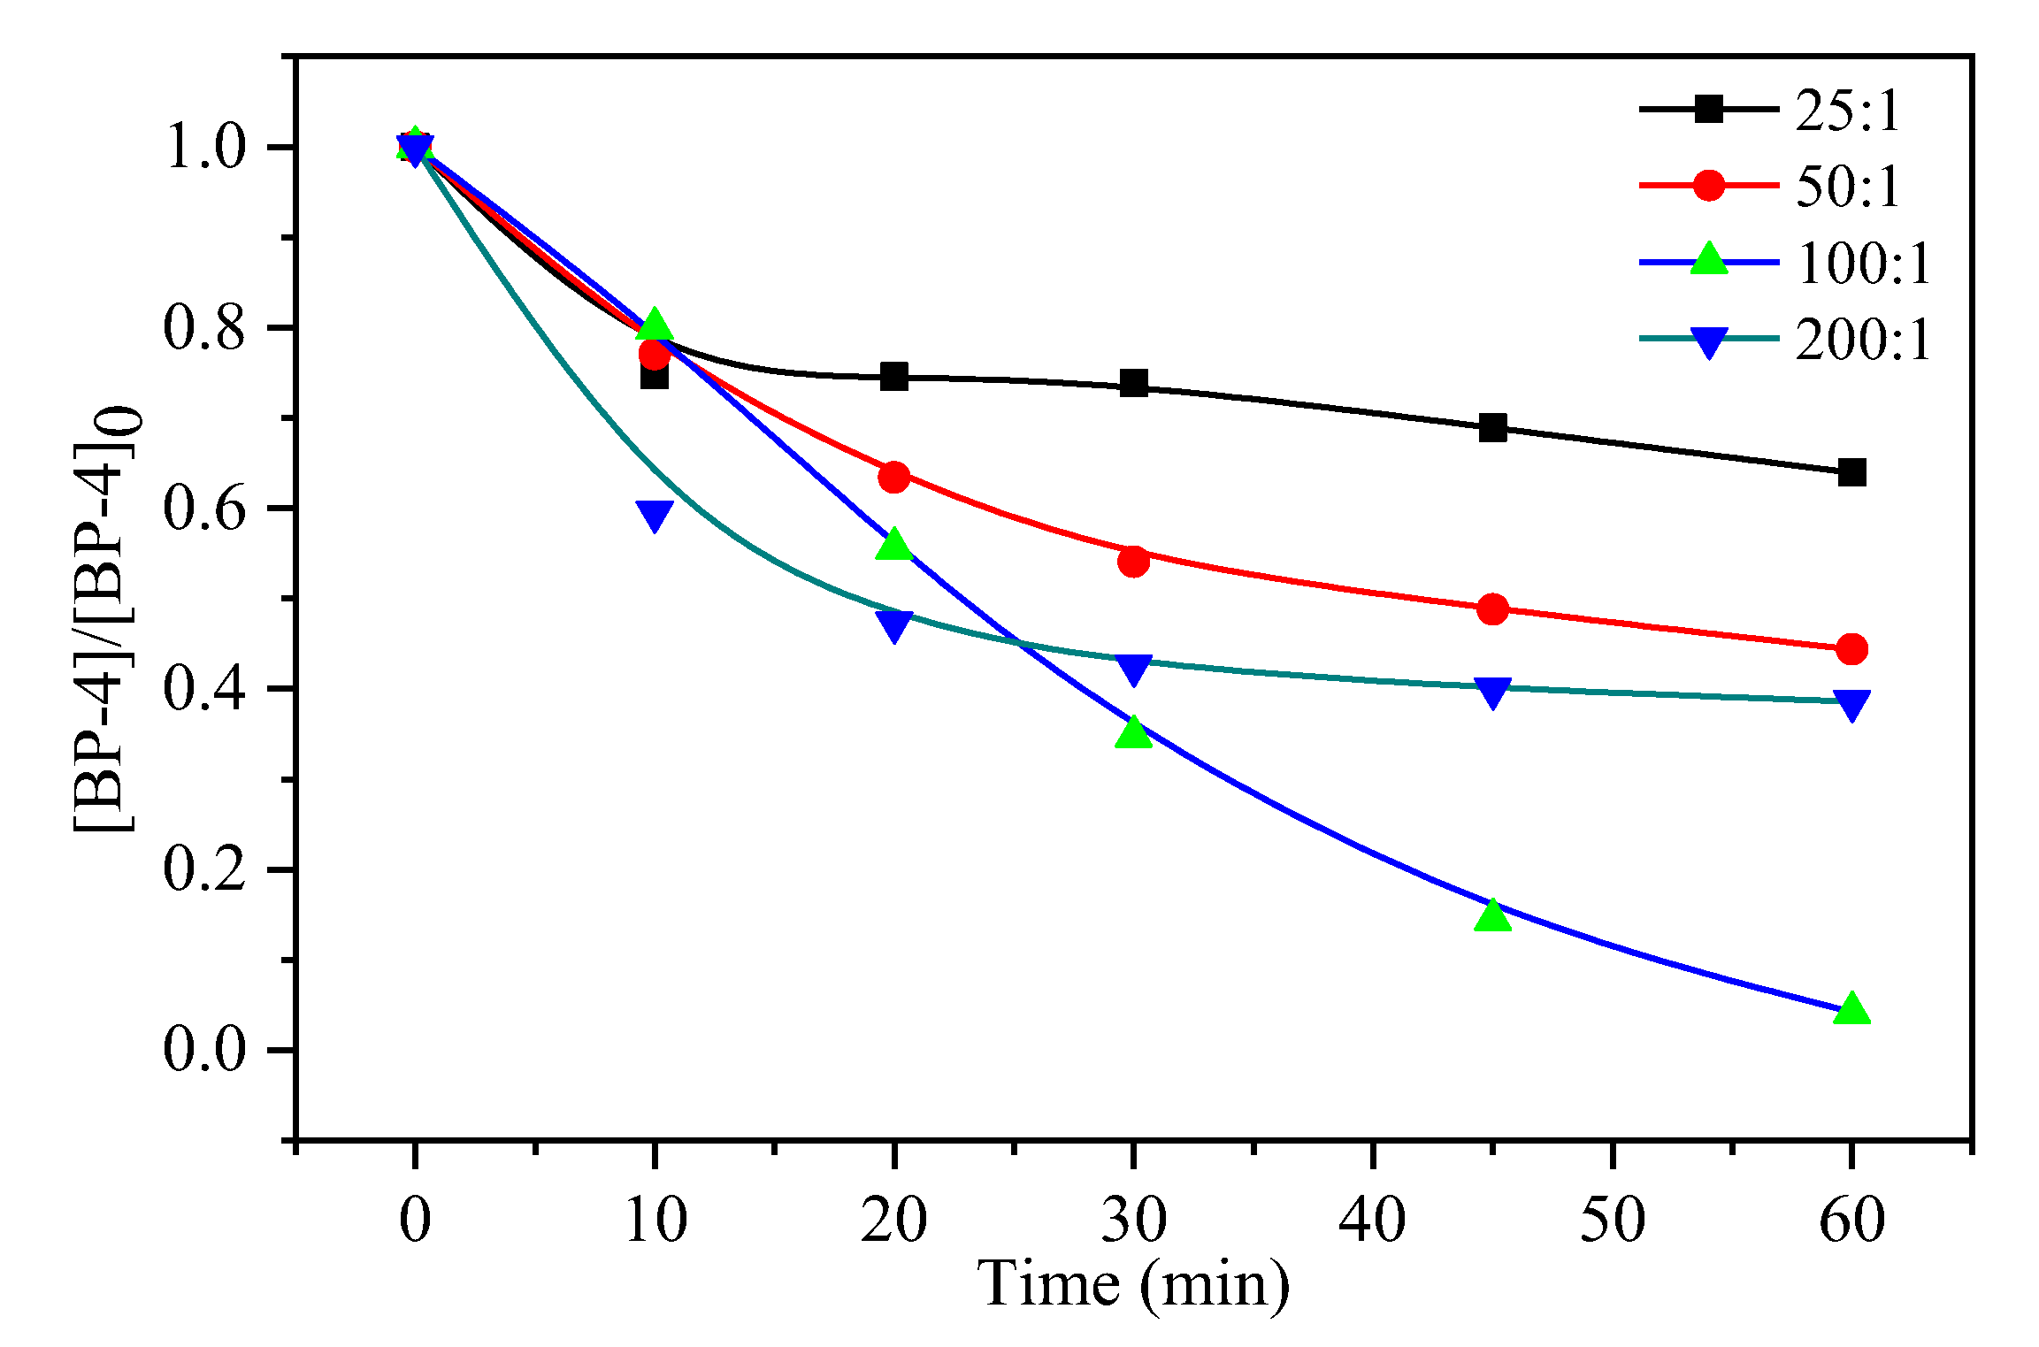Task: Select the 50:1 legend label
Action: pyautogui.click(x=1847, y=187)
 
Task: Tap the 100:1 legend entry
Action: pyautogui.click(x=1863, y=263)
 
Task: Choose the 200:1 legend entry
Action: pyautogui.click(x=1863, y=340)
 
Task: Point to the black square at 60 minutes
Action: pyautogui.click(x=1851, y=472)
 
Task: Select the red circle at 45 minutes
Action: pyautogui.click(x=1492, y=608)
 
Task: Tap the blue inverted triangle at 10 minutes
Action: pyautogui.click(x=654, y=514)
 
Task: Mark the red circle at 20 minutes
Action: pyautogui.click(x=894, y=477)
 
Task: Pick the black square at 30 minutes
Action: pyautogui.click(x=1133, y=384)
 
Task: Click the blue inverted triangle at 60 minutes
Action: pyautogui.click(x=1851, y=705)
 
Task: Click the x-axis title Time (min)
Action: pyautogui.click(x=1133, y=1283)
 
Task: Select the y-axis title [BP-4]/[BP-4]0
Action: pyautogui.click(x=106, y=619)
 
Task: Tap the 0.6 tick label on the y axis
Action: pyautogui.click(x=203, y=509)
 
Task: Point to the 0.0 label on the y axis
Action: pyautogui.click(x=203, y=1050)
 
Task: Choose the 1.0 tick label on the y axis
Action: pyautogui.click(x=203, y=147)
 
